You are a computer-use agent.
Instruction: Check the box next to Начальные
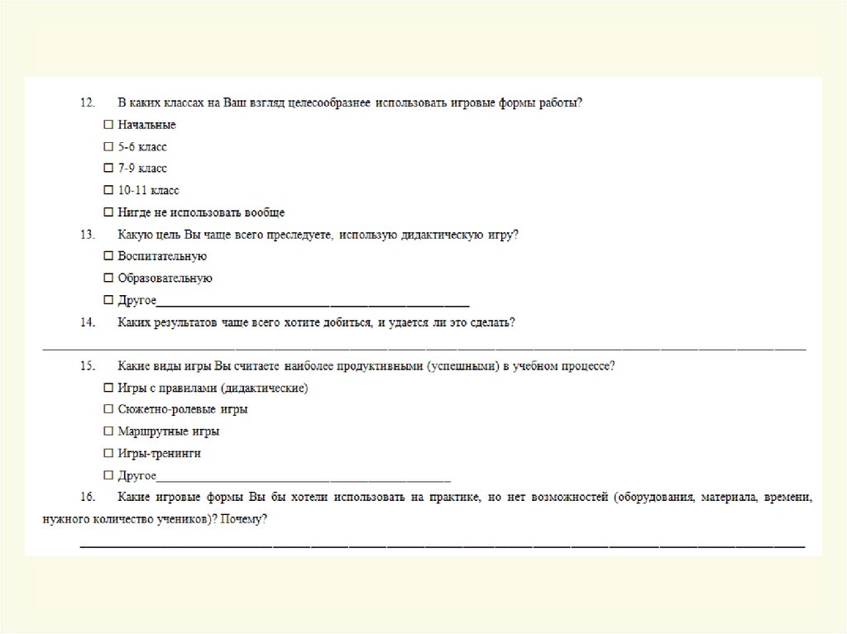pos(108,125)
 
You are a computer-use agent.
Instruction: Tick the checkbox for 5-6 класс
pos(108,147)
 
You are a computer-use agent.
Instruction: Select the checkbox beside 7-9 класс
pos(108,169)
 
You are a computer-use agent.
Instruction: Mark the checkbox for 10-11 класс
pos(108,191)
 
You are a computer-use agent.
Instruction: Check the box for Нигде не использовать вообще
pos(108,212)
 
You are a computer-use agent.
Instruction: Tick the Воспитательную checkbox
pos(108,256)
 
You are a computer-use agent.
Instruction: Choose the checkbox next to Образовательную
pos(108,279)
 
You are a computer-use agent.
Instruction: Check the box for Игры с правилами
pos(108,388)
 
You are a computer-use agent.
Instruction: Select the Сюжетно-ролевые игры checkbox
pos(108,409)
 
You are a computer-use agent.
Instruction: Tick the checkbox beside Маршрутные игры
pos(108,431)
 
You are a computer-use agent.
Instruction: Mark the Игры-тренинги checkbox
pos(108,454)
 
